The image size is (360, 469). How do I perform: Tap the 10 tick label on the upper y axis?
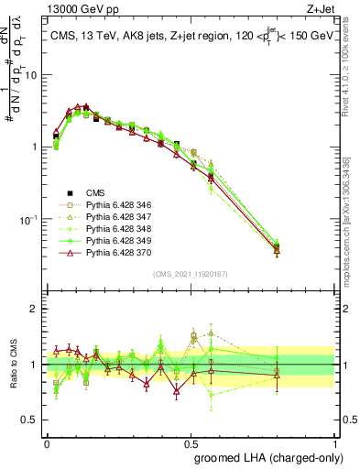point(30,75)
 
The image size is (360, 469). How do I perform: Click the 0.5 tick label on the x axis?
point(191,442)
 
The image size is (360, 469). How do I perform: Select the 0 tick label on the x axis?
point(47,442)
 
